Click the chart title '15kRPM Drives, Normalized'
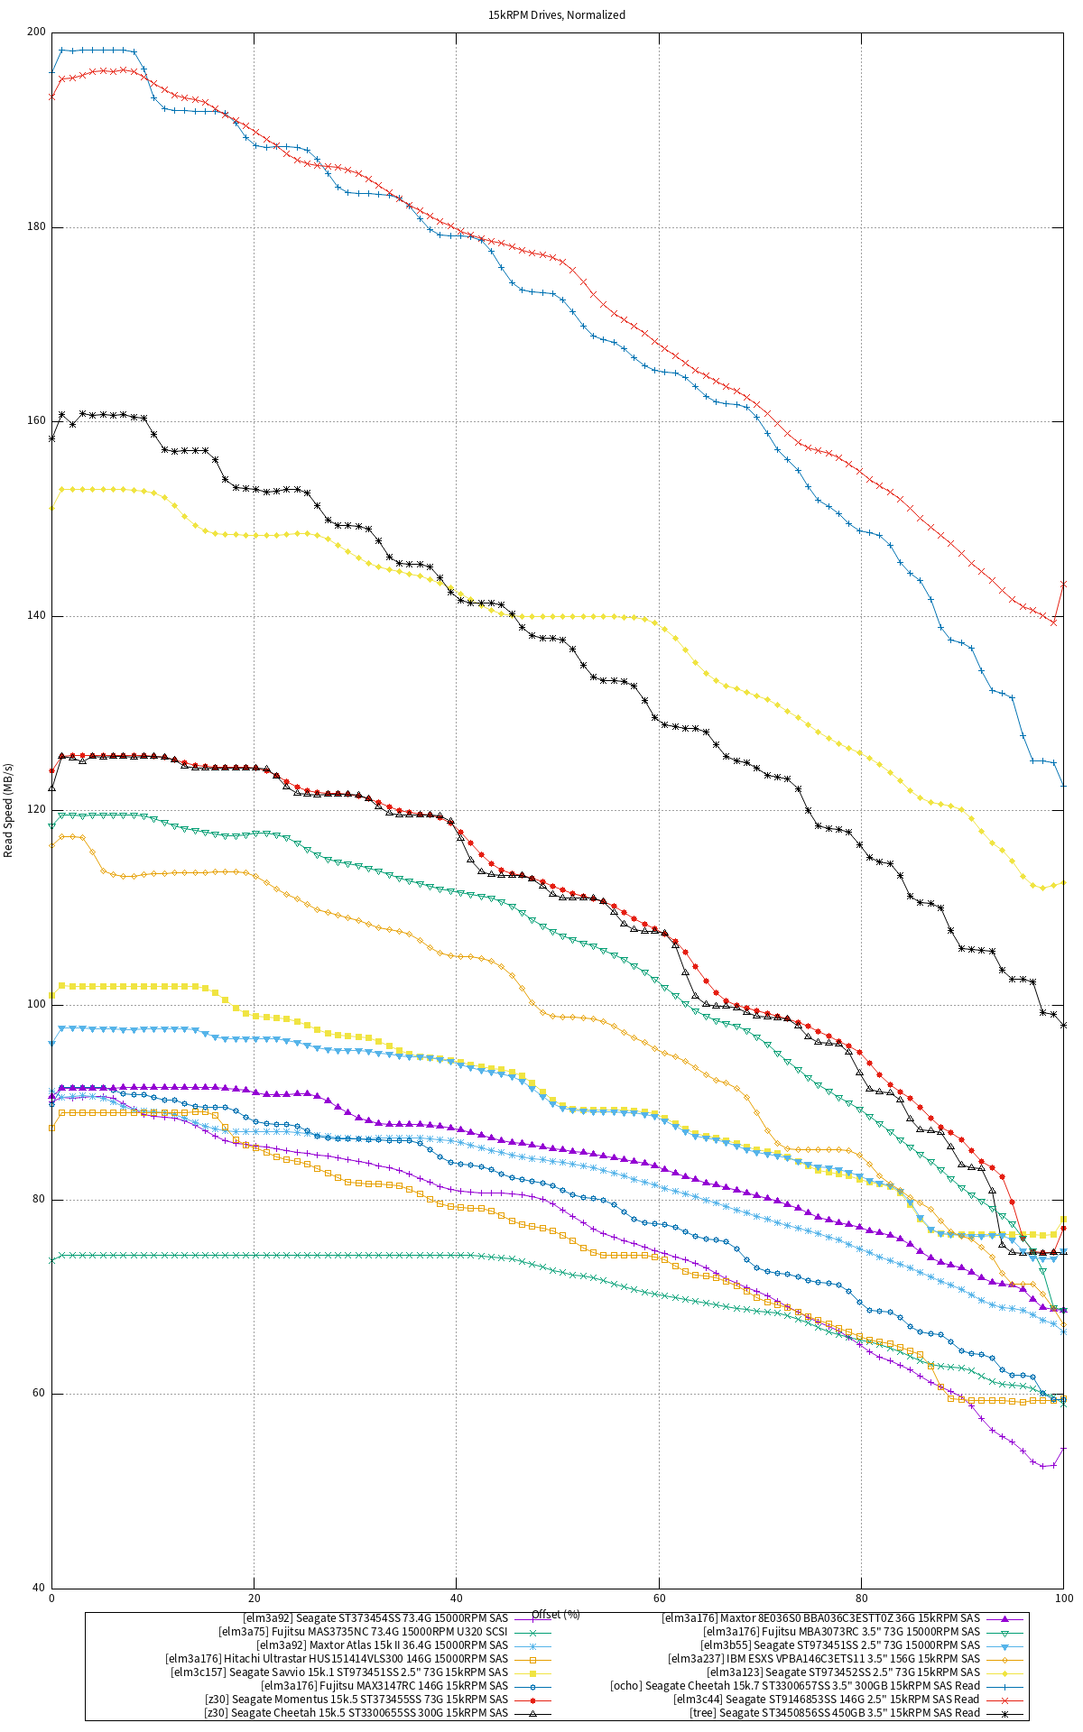(x=557, y=15)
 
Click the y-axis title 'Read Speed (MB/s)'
(x=9, y=809)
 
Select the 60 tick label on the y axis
(x=39, y=1394)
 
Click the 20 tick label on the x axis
(x=254, y=1598)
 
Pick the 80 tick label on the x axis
(x=861, y=1598)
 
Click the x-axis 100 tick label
(x=1063, y=1598)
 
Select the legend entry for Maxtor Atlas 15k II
(x=382, y=1644)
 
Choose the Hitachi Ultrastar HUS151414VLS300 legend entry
(x=337, y=1658)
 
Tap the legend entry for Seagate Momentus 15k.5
(x=356, y=1700)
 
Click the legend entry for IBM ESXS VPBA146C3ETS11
(x=823, y=1658)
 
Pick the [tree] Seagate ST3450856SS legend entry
(x=835, y=1712)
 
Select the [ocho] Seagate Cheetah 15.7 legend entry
(x=794, y=1685)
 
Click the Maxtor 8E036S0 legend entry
(x=820, y=1617)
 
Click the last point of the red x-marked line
(x=1064, y=584)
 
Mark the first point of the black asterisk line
(x=51, y=438)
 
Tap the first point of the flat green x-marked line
(x=51, y=1260)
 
